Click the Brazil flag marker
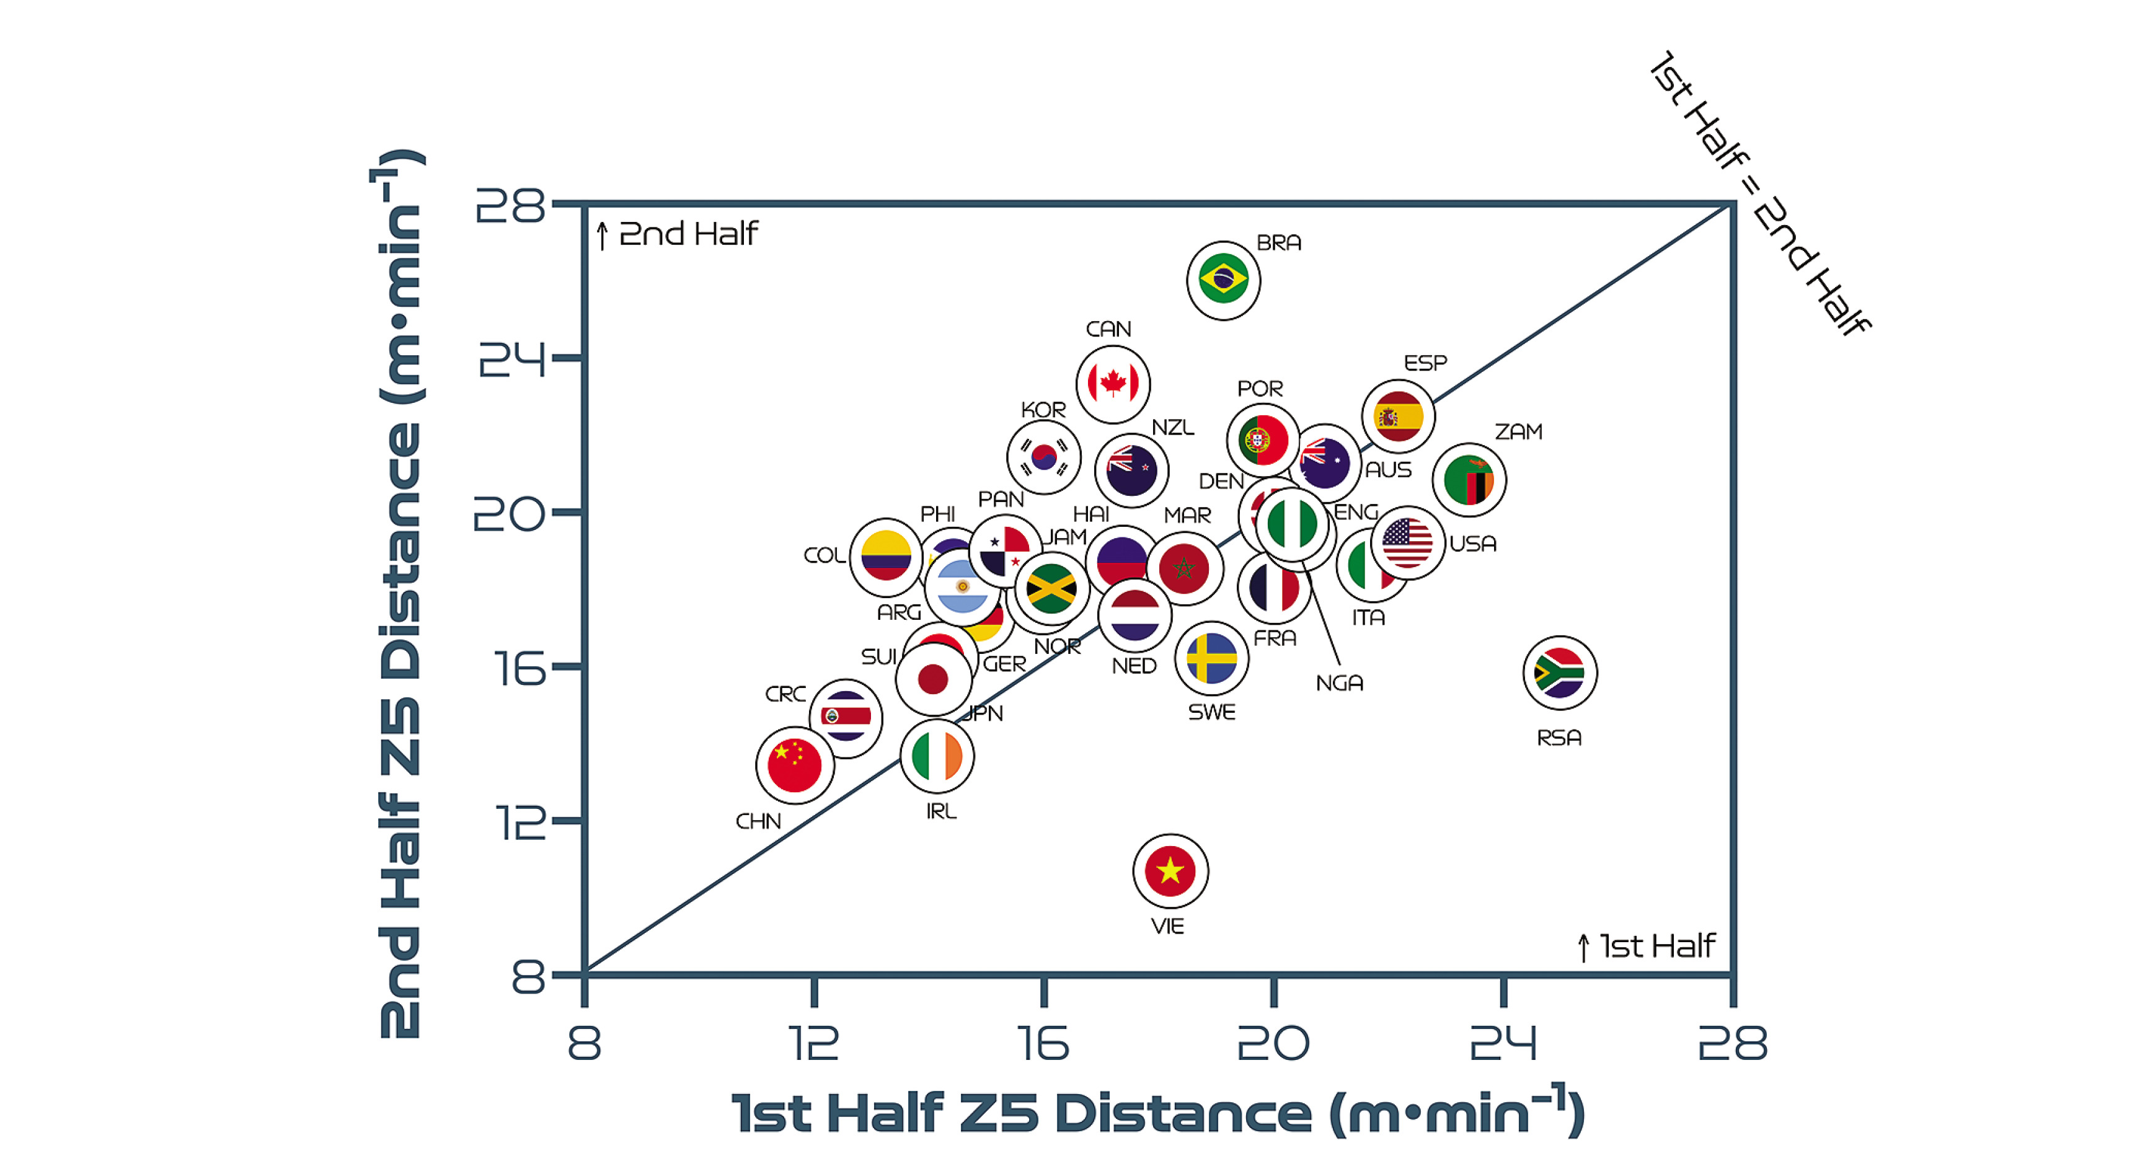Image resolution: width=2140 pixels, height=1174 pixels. [x=1223, y=280]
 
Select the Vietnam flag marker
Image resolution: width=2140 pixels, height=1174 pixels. [x=1170, y=871]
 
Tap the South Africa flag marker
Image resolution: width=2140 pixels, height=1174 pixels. [x=1559, y=672]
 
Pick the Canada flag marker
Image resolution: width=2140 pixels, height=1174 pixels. [x=1112, y=384]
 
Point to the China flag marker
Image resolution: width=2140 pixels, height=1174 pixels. [x=794, y=766]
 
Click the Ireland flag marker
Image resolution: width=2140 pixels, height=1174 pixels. [x=936, y=756]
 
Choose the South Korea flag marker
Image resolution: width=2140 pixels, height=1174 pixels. [x=1043, y=457]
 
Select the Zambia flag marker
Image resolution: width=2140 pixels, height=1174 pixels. [x=1469, y=480]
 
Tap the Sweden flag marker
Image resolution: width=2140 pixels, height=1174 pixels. [x=1211, y=658]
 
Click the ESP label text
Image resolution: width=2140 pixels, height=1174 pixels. [x=1425, y=363]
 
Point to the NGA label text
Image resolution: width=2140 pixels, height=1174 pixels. [x=1339, y=683]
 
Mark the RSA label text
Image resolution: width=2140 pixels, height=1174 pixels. [x=1559, y=738]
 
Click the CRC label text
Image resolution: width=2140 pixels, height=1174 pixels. [x=785, y=694]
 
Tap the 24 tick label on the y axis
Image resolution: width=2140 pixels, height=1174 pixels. [x=511, y=359]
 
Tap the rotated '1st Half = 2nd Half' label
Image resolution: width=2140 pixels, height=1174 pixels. [x=1759, y=193]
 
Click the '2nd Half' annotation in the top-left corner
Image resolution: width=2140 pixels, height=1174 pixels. [x=688, y=234]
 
